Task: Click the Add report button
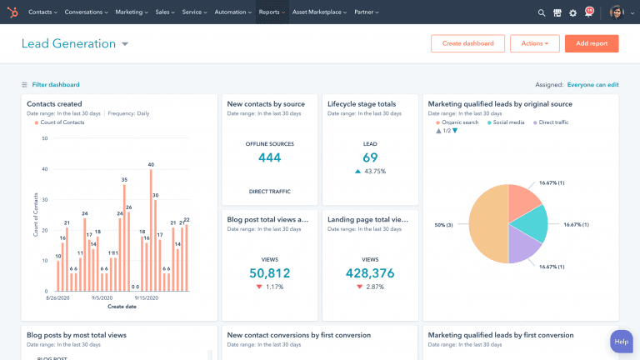click(x=592, y=43)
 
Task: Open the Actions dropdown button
click(x=534, y=43)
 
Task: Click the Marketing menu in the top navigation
click(x=131, y=12)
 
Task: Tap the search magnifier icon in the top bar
click(x=542, y=12)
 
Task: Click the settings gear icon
click(x=572, y=12)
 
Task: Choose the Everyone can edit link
click(x=592, y=84)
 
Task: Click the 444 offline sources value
click(x=269, y=157)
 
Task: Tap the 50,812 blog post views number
click(x=269, y=273)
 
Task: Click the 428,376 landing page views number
click(x=370, y=273)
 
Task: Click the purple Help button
click(x=621, y=342)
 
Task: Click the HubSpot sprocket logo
click(x=12, y=12)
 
